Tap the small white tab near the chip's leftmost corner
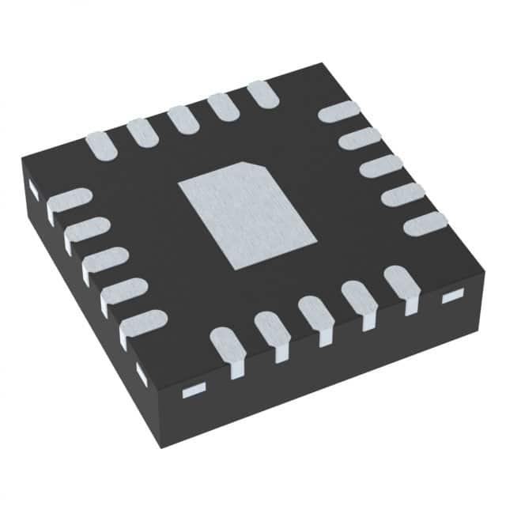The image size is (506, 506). point(34,188)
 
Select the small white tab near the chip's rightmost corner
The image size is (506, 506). point(451,296)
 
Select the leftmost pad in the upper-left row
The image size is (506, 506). point(102,145)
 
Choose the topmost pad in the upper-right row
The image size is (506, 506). point(339,111)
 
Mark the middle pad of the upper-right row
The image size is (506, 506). point(381,167)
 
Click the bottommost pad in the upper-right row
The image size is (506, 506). point(425,224)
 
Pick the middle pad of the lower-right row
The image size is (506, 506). point(316,311)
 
